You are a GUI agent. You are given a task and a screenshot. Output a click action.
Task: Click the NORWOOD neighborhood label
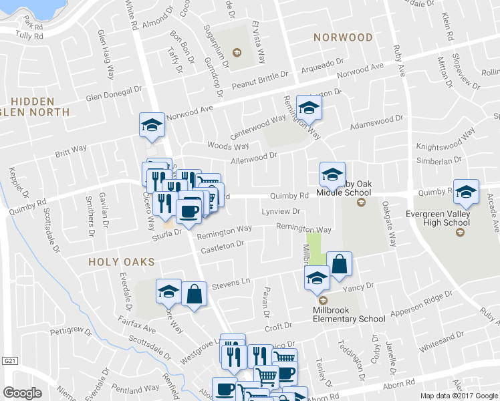pos(343,37)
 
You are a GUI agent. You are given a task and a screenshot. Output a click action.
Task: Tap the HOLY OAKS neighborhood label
pos(122,263)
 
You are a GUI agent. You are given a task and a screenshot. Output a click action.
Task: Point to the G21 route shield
pos(8,361)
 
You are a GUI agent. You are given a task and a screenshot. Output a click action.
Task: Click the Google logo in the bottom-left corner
pos(22,392)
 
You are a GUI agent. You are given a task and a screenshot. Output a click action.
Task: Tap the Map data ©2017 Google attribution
pos(459,396)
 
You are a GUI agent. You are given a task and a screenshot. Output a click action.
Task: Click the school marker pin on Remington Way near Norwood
pos(309,106)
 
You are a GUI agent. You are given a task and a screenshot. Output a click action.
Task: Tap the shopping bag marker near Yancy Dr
pos(340,264)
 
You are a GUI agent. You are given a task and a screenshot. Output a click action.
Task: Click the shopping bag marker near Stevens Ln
pos(194,294)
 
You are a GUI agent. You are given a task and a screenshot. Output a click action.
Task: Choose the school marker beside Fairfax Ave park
pos(168,291)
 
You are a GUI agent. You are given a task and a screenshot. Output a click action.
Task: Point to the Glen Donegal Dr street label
pos(115,93)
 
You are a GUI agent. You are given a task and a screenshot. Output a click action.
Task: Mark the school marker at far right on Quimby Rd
pos(466,191)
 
